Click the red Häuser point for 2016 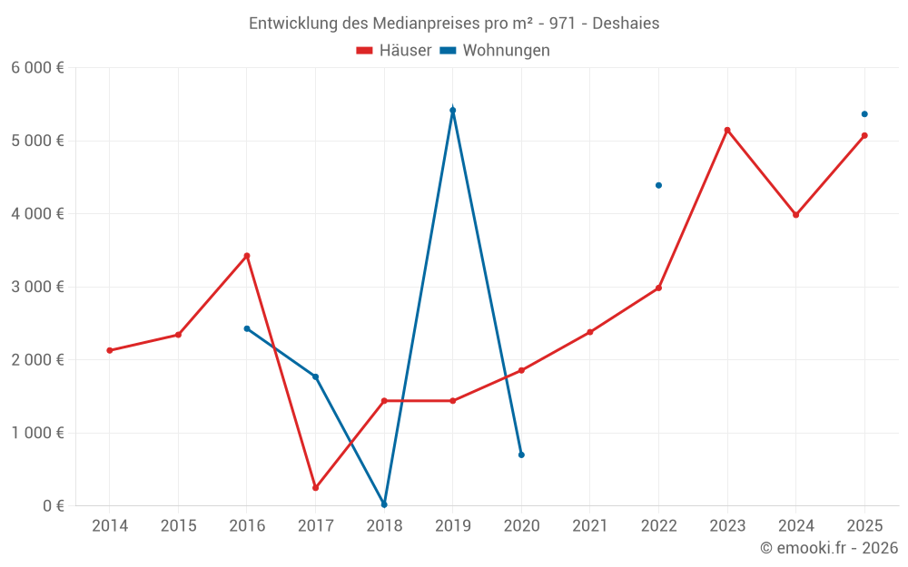tap(246, 256)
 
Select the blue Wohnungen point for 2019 tap(452, 110)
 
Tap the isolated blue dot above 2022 tap(658, 185)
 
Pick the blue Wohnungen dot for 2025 tap(864, 114)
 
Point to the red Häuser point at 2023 tap(727, 130)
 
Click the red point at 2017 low tap(315, 488)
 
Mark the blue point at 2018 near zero tap(384, 504)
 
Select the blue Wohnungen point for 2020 tap(521, 455)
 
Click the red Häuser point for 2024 tap(795, 215)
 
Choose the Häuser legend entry tap(394, 51)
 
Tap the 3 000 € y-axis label tap(37, 287)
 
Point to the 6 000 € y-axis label tap(37, 68)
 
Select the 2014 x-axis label tap(110, 526)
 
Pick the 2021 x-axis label tap(590, 526)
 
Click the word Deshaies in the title tap(626, 23)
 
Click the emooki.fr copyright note tap(828, 548)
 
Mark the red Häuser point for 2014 tap(110, 350)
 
